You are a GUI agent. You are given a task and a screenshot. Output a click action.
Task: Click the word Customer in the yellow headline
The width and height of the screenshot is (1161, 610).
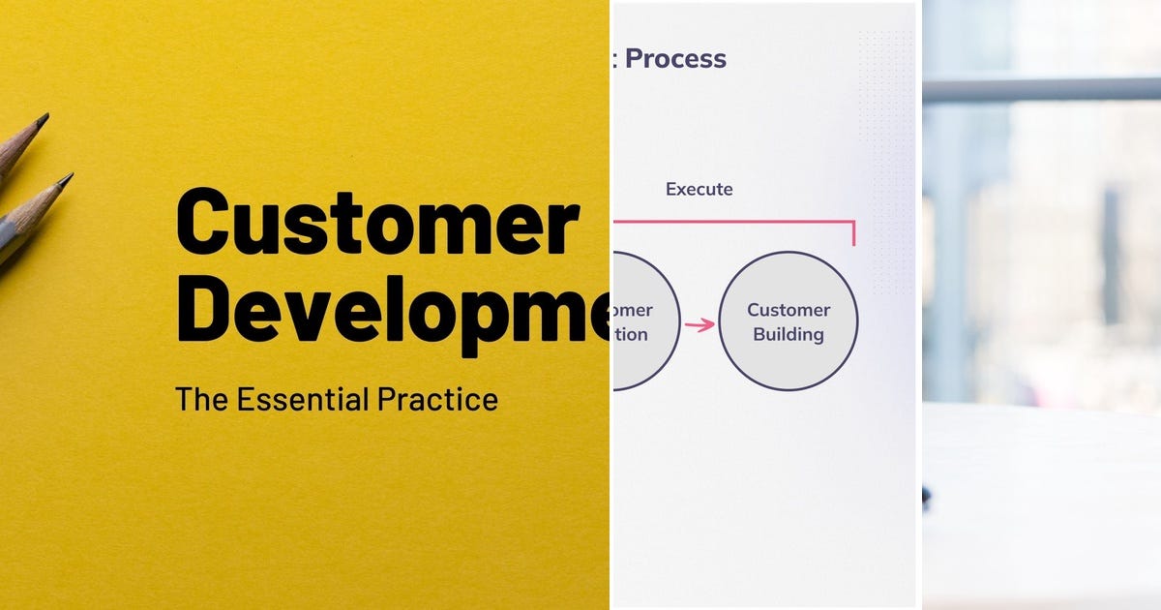[x=377, y=225]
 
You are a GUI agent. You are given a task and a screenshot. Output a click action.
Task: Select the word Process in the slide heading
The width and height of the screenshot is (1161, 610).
[x=675, y=59]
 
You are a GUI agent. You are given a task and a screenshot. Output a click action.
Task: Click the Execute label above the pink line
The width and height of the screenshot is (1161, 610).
[x=699, y=190]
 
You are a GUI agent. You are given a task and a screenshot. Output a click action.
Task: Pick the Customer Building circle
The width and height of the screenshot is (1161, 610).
[x=789, y=320]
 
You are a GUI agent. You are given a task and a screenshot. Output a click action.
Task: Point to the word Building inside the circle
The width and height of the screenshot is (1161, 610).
[x=789, y=335]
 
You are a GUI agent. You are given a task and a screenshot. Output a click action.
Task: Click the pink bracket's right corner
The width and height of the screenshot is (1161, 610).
[x=853, y=223]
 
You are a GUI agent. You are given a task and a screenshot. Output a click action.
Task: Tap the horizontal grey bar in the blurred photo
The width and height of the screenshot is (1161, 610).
[x=1041, y=90]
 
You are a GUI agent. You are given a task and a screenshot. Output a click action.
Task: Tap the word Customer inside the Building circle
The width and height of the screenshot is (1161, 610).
[x=789, y=310]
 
